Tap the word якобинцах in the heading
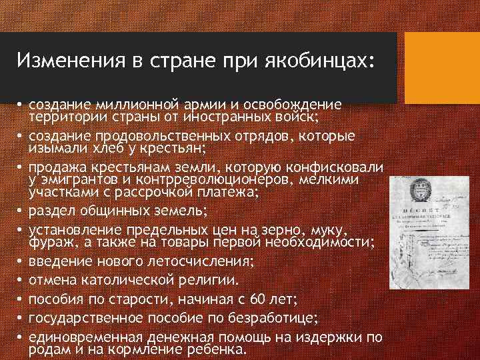(313, 61)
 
